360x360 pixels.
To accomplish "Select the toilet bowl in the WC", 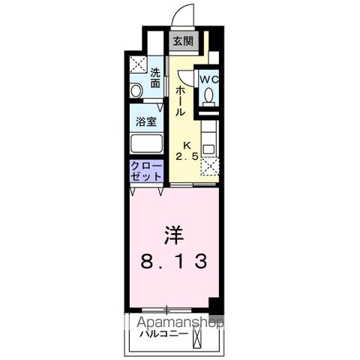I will coord(208,95).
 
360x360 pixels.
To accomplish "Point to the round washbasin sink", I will coord(135,90).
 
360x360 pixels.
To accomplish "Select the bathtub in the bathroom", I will coord(145,144).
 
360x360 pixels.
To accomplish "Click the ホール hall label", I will coord(181,100).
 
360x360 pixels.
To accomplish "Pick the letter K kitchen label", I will coord(188,145).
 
